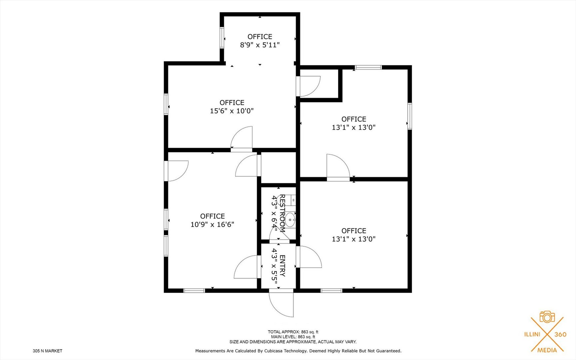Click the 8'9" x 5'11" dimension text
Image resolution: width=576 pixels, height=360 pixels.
tap(260, 45)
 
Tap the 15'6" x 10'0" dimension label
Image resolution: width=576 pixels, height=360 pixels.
tap(232, 111)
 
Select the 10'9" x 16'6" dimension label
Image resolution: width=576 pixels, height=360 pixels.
tap(212, 225)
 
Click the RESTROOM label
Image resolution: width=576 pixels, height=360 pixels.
tap(282, 213)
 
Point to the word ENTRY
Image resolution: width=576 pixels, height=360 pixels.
tap(282, 266)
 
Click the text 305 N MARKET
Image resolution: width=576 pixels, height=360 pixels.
tap(48, 351)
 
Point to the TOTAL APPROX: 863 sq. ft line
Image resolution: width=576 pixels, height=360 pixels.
tap(293, 332)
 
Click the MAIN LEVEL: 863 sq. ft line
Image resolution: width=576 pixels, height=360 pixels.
tap(293, 337)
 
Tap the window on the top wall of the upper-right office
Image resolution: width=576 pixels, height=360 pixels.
tap(368, 67)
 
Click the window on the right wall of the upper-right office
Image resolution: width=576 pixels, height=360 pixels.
tap(410, 116)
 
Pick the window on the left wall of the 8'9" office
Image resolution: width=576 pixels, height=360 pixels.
tap(222, 38)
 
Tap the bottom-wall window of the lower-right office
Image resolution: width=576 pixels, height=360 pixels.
tap(331, 291)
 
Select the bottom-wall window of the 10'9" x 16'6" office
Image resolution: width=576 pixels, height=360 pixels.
tap(194, 291)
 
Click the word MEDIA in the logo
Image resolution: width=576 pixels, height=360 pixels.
tap(547, 350)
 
